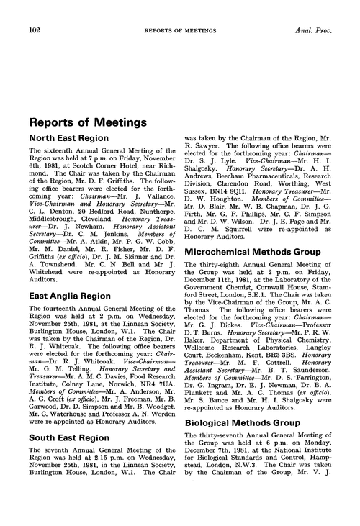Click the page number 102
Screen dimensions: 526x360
34,11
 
